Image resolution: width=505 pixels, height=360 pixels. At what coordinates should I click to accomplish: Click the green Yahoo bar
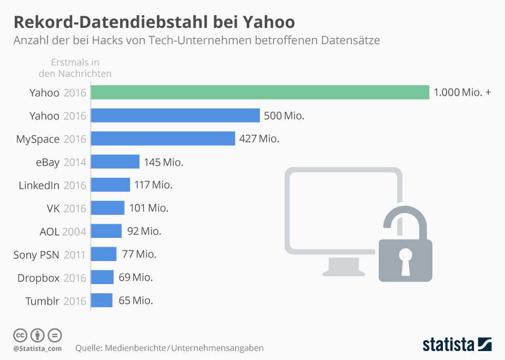pyautogui.click(x=260, y=93)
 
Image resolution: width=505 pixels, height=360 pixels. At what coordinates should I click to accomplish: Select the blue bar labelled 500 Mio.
pyautogui.click(x=175, y=116)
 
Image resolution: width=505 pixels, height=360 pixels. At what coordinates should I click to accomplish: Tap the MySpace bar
pyautogui.click(x=163, y=138)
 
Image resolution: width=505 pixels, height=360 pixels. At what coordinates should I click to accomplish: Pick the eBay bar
pyautogui.click(x=115, y=162)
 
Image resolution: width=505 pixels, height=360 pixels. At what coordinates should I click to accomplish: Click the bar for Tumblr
pyautogui.click(x=102, y=301)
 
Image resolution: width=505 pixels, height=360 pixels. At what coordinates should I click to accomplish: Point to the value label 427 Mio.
pyautogui.click(x=259, y=139)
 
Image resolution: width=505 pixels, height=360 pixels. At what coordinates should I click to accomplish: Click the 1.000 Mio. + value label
pyautogui.click(x=462, y=93)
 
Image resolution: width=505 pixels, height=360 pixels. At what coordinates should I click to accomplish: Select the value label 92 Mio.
pyautogui.click(x=144, y=231)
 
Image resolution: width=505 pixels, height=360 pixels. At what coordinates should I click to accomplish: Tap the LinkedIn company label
pyautogui.click(x=39, y=185)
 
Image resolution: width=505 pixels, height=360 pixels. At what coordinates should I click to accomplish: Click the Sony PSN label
pyautogui.click(x=36, y=255)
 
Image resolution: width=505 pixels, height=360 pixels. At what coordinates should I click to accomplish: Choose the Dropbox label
pyautogui.click(x=38, y=278)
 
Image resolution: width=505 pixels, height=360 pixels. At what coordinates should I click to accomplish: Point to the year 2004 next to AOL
pyautogui.click(x=74, y=232)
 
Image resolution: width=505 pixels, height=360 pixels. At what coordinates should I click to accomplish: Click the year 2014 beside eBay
pyautogui.click(x=74, y=162)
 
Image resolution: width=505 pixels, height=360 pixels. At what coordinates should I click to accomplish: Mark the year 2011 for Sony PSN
pyautogui.click(x=74, y=255)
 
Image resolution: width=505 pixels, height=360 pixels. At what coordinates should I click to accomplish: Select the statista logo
pyautogui.click(x=457, y=344)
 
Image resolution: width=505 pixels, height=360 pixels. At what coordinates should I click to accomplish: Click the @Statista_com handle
pyautogui.click(x=37, y=348)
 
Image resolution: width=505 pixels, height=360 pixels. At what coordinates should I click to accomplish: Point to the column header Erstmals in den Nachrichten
pyautogui.click(x=75, y=68)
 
